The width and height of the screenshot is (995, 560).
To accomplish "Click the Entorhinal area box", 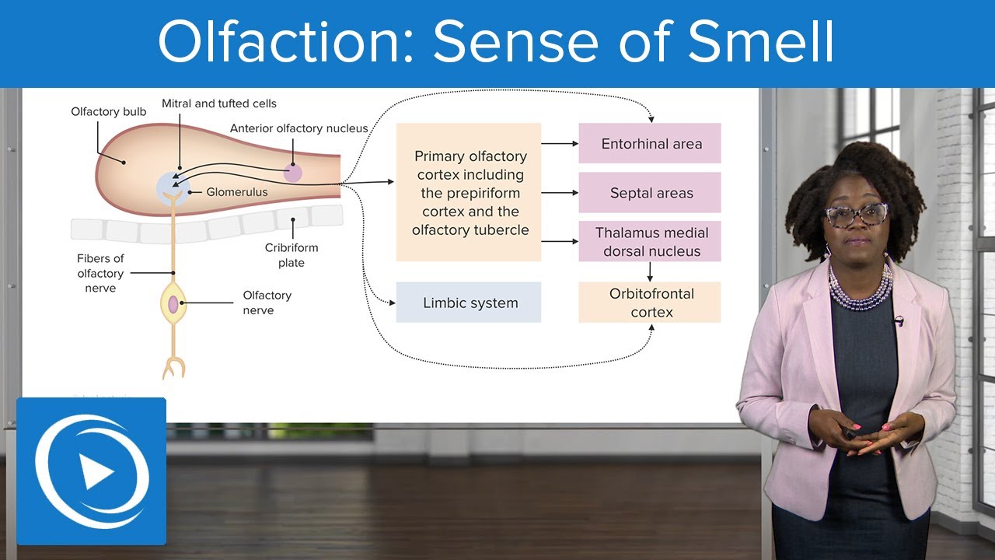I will [650, 144].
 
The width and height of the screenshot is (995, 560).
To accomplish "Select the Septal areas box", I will [650, 193].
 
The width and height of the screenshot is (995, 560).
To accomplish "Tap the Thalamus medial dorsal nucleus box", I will [650, 242].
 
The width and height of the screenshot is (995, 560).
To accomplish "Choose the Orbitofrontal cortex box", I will [650, 303].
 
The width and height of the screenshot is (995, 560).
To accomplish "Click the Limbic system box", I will [469, 303].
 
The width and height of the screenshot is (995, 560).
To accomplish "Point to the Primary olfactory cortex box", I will [469, 192].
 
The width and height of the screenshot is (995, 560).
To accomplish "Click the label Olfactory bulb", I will [108, 112].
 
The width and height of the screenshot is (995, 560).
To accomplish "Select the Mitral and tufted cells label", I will [218, 103].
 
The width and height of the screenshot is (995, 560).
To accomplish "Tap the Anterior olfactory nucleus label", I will [298, 128].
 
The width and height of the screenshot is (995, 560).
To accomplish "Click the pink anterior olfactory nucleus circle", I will [292, 172].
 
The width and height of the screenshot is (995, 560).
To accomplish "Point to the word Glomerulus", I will [236, 192].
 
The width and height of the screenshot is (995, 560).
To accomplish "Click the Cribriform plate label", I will [292, 255].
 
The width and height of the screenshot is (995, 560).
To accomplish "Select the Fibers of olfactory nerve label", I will [100, 273].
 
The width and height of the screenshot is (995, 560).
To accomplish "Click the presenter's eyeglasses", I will [856, 214].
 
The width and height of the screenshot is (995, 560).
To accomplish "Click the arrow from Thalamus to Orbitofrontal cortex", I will [650, 271].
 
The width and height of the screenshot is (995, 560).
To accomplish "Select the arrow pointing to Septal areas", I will [560, 193].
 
